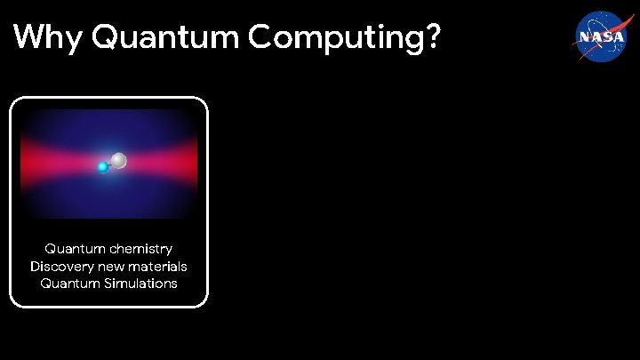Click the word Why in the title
[x=47, y=37]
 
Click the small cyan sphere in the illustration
[x=103, y=166]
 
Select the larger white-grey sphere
[x=119, y=161]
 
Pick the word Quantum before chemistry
[x=74, y=249]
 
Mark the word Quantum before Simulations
[x=68, y=284]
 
